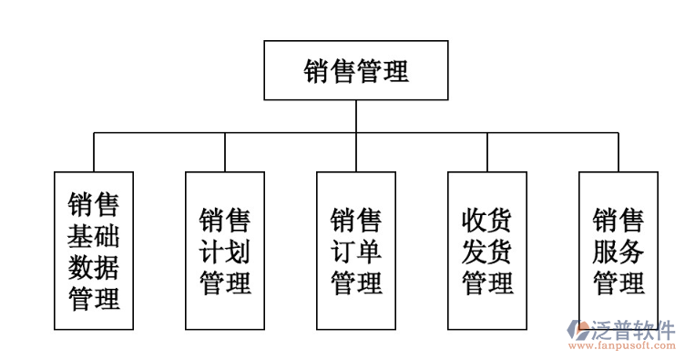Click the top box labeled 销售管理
[x=356, y=70]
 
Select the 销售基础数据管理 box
[x=94, y=251]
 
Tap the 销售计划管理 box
[x=225, y=251]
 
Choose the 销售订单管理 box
[x=356, y=251]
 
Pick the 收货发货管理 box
[x=487, y=251]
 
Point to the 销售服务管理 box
[x=619, y=251]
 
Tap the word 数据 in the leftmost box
[x=94, y=267]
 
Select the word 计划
[x=225, y=251]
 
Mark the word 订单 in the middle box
[x=356, y=251]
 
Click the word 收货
[x=487, y=220]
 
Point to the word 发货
[x=487, y=251]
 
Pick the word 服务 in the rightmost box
[x=619, y=251]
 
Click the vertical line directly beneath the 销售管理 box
[x=356, y=116]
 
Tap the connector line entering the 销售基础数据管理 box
[x=94, y=152]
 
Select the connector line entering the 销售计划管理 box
[x=225, y=152]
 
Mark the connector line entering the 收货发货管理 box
[x=487, y=152]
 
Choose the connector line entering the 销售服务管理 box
[x=619, y=152]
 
